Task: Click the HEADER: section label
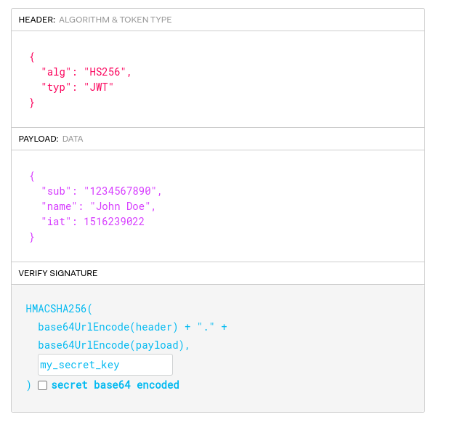[x=36, y=20]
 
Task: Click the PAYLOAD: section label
[x=39, y=139]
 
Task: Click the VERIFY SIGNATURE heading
[x=58, y=273]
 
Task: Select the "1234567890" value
[x=120, y=191]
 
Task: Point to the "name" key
[x=59, y=206]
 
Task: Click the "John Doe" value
[x=126, y=206]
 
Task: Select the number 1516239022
[x=114, y=222]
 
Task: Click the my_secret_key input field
[x=105, y=365]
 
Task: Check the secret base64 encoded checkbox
[x=42, y=386]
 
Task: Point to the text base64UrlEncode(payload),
[x=114, y=345]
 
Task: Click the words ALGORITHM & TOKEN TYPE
[x=116, y=20]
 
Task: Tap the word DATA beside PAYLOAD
[x=73, y=139]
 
